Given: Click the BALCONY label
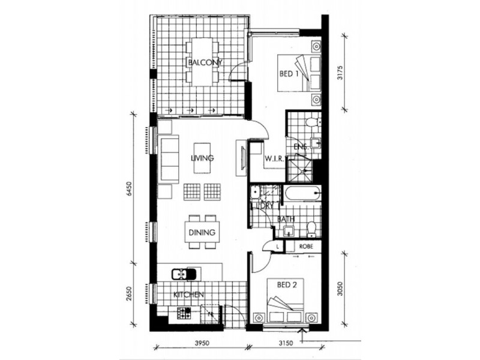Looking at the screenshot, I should tap(205, 62).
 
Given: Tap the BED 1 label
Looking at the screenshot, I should tap(289, 74).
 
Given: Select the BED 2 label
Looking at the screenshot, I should tap(287, 285).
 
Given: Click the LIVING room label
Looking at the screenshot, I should tap(203, 158).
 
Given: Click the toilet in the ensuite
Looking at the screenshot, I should tap(311, 124).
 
